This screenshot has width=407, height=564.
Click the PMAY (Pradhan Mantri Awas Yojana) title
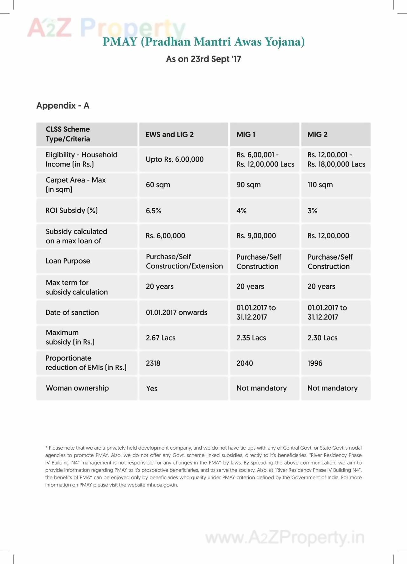pos(203,42)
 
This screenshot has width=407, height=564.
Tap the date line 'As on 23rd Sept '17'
pos(203,59)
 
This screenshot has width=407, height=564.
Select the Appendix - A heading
pos(63,105)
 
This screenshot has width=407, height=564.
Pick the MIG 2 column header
pos(317,134)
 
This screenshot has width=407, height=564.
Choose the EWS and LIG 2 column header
pos(169,134)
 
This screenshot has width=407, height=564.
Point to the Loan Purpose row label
pos(68,261)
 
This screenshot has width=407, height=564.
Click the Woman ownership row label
pos(77,388)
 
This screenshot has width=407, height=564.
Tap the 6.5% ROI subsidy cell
pos(154,211)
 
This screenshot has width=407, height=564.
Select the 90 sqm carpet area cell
pos(248,185)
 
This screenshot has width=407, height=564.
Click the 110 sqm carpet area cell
pos(320,185)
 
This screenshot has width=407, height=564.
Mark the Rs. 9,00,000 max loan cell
pos(256,236)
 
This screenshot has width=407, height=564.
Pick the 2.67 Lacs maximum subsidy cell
pos(161,338)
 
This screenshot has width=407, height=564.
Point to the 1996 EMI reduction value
pos(315,363)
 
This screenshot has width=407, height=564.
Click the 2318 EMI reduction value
pos(153,363)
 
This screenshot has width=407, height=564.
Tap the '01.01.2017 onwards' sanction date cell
pos(176,312)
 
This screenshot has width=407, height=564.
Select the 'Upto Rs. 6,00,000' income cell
pos(175,159)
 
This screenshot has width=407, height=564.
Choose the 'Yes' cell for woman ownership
pos(152,388)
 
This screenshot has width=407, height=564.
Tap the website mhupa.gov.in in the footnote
pos(162,485)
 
